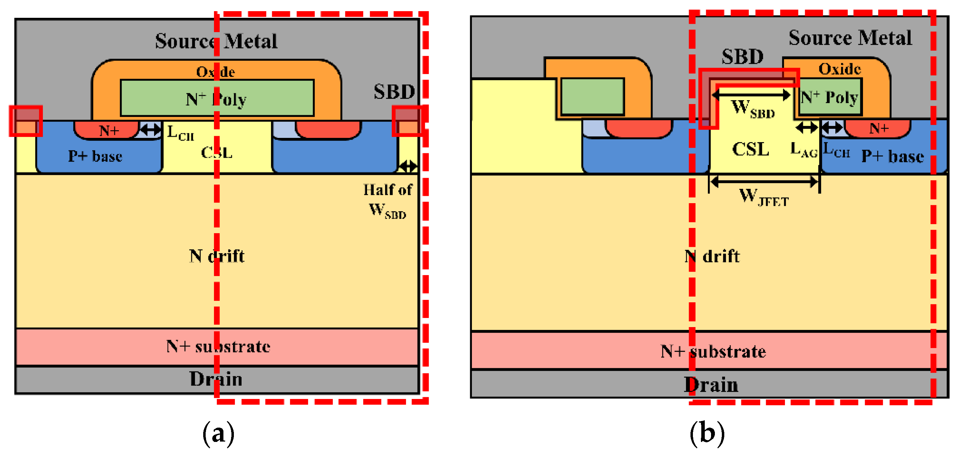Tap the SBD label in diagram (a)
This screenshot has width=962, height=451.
click(x=394, y=91)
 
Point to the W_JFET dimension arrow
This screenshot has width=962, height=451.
click(x=764, y=182)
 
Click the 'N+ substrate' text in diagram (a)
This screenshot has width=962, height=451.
click(x=218, y=347)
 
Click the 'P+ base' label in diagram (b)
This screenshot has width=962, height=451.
click(x=892, y=156)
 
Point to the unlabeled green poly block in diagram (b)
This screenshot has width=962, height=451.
click(x=592, y=96)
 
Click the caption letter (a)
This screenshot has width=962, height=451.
click(x=218, y=433)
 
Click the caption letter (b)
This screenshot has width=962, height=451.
click(x=707, y=433)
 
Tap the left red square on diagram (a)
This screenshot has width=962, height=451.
click(x=26, y=121)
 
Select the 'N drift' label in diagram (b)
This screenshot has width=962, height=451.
click(x=712, y=257)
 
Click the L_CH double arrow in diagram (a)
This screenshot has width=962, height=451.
click(x=150, y=130)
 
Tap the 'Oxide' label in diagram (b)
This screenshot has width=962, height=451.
click(x=839, y=69)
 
